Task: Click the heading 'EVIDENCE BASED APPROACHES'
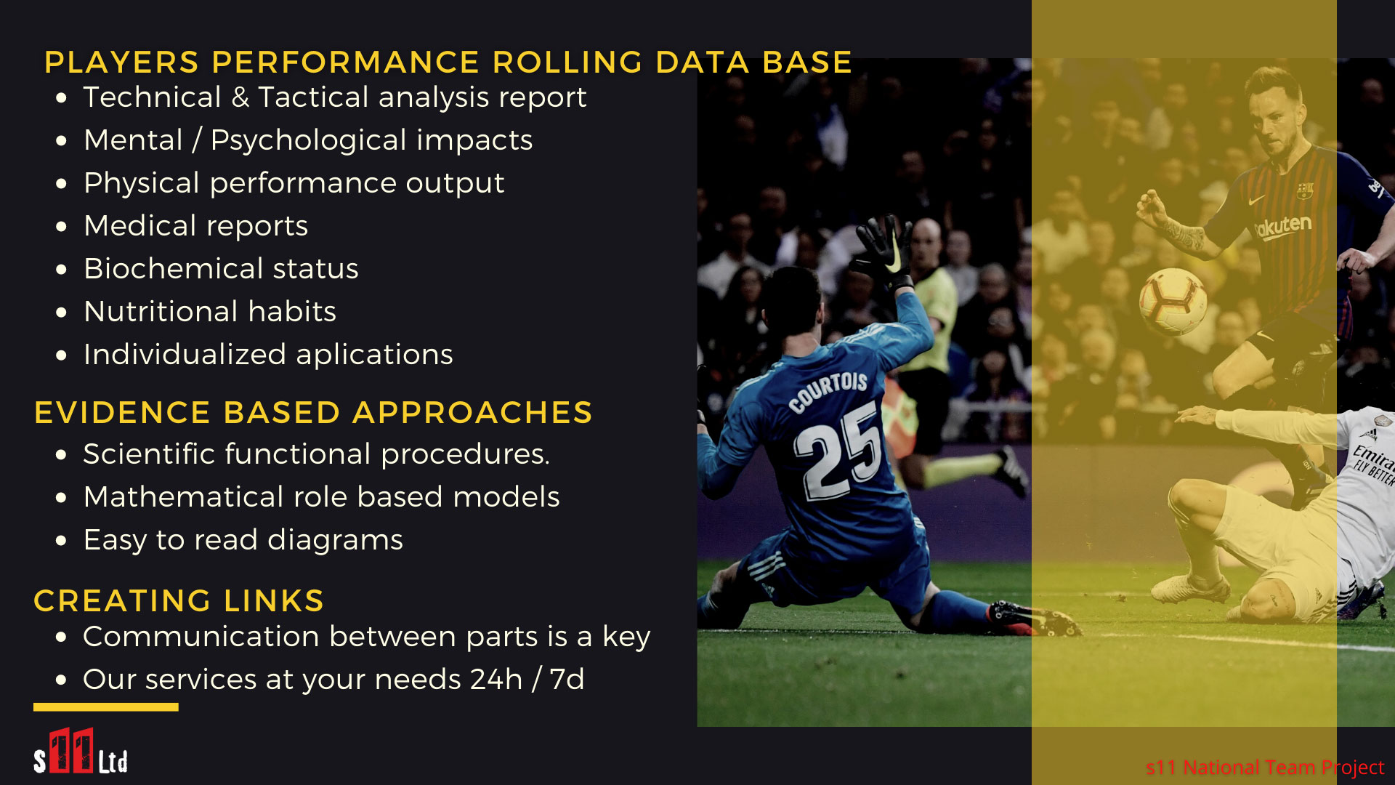(313, 413)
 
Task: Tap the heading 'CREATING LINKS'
(179, 601)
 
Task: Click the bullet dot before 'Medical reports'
(62, 227)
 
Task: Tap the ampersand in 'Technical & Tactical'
(240, 97)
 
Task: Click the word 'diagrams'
(335, 540)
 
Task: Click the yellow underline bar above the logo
(106, 706)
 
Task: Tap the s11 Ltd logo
(81, 752)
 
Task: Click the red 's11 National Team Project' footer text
(1265, 768)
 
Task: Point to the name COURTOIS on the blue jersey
(828, 391)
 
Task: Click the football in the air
(1173, 301)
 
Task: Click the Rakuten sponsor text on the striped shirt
(1283, 227)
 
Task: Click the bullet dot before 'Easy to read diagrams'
(62, 542)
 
